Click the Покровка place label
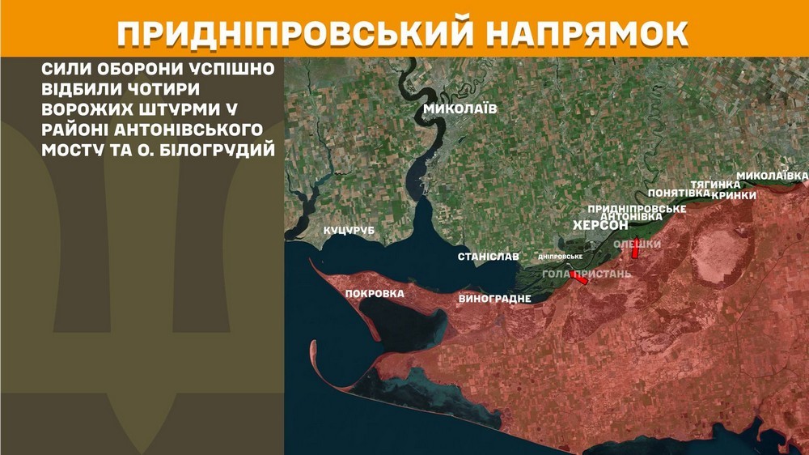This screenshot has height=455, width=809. (374, 294)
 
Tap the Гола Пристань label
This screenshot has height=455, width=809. (587, 274)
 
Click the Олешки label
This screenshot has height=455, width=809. (637, 244)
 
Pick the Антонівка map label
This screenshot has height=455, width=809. (633, 217)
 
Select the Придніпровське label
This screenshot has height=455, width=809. (637, 209)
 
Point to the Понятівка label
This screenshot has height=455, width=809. (679, 193)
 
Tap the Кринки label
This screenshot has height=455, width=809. (734, 195)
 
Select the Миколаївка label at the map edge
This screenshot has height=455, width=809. (772, 176)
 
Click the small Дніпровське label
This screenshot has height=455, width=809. (561, 257)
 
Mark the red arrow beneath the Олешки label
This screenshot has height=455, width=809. (635, 251)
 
